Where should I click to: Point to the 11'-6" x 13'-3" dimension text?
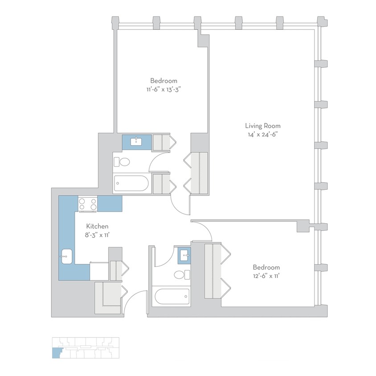163,89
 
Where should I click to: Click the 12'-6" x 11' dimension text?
266,276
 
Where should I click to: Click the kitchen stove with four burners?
88,204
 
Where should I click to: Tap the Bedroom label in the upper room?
163,81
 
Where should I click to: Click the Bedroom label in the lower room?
266,267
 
